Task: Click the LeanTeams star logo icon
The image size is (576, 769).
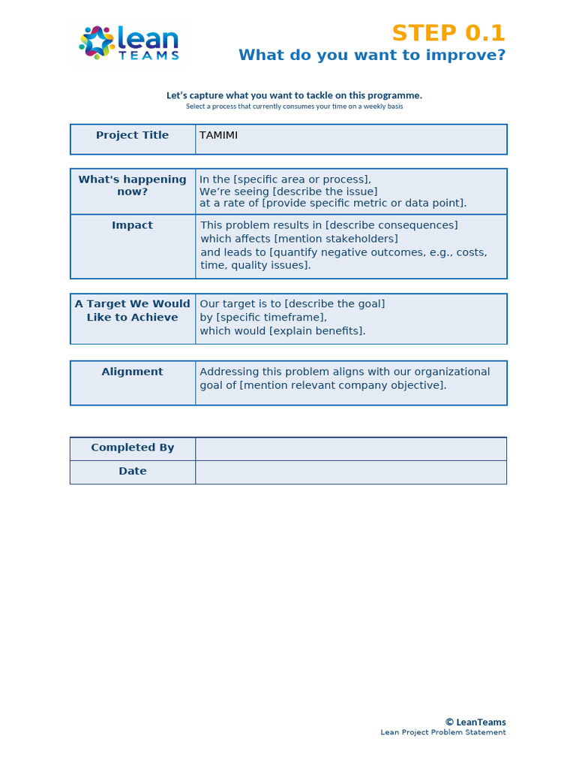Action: pos(97,42)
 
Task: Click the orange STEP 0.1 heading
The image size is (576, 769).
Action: pos(448,34)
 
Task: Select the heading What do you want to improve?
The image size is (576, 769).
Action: pos(372,56)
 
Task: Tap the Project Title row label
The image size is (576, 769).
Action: pos(133,135)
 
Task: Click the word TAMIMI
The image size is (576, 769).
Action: pos(218,135)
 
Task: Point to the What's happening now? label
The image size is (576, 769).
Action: pos(133,185)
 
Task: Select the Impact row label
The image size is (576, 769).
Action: pos(133,225)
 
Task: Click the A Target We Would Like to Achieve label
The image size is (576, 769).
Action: pos(133,311)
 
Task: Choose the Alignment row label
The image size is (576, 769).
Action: pos(133,372)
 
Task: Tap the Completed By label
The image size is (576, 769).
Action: pos(133,448)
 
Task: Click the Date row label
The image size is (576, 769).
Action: pos(133,472)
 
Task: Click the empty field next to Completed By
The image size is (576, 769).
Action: pos(350,448)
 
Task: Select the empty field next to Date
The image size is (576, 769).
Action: pos(350,472)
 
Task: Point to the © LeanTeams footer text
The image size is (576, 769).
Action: pos(475,722)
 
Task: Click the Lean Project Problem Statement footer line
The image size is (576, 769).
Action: pos(443,733)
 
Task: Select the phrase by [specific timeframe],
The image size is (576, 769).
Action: pos(263,318)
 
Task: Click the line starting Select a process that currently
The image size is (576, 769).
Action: pos(294,107)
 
